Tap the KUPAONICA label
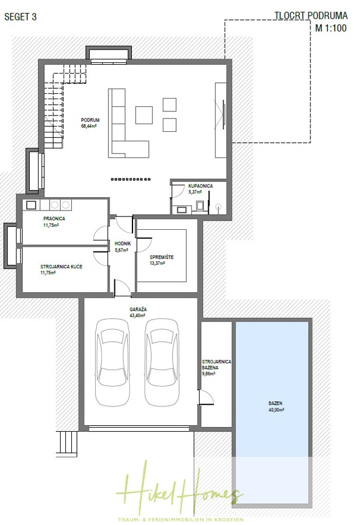click(x=200, y=185)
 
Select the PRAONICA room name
click(x=54, y=218)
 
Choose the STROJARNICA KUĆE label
click(x=61, y=266)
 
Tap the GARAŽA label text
click(x=138, y=310)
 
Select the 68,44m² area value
click(x=89, y=126)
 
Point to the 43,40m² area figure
click(x=138, y=316)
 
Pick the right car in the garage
click(x=161, y=362)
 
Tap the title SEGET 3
click(x=21, y=17)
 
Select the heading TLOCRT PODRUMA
click(x=310, y=16)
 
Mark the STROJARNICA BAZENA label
click(x=216, y=365)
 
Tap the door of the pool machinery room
click(x=205, y=398)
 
